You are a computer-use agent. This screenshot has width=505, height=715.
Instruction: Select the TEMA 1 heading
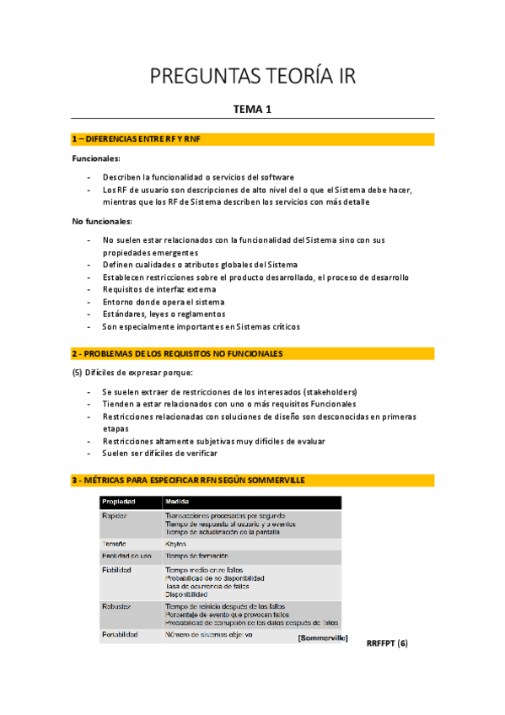point(252,109)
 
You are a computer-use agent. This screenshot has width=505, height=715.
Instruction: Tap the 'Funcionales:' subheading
point(96,158)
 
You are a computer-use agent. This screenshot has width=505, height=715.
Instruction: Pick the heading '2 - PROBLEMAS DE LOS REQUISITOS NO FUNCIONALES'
point(189,352)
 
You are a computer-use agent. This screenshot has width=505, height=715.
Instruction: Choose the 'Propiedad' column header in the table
point(119,503)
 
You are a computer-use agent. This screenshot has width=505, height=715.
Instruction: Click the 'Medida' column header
point(177,503)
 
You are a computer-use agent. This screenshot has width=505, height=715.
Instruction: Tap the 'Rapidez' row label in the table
point(115,515)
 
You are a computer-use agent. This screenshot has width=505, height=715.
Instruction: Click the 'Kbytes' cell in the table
point(176,544)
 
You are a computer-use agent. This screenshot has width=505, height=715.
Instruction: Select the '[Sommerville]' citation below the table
point(323,638)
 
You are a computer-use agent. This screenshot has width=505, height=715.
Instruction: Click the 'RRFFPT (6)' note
point(387,643)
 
